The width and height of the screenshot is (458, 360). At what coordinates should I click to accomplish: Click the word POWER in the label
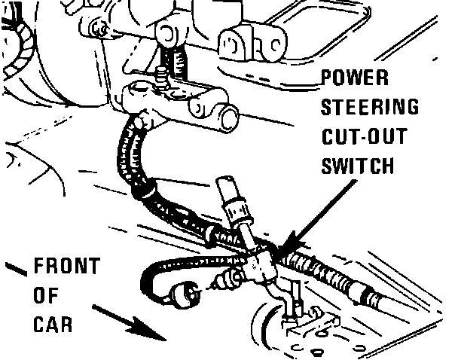pyautogui.click(x=355, y=79)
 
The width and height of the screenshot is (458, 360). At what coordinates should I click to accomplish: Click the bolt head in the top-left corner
pyautogui.click(x=98, y=29)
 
